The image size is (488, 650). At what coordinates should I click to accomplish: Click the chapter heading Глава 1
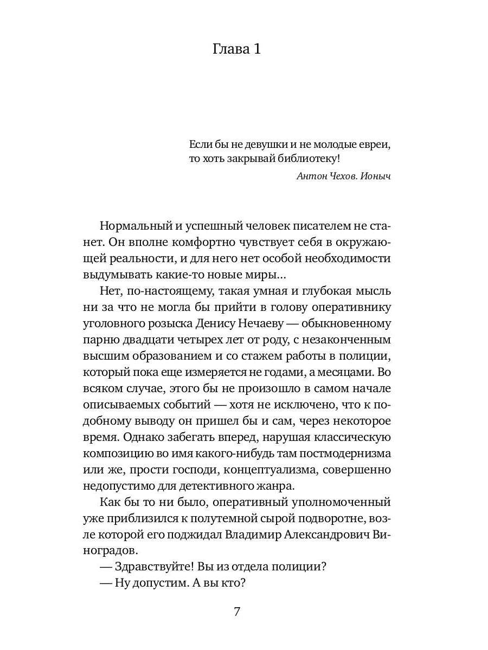(236, 50)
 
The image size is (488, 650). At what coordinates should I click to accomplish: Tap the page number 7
(237, 612)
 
